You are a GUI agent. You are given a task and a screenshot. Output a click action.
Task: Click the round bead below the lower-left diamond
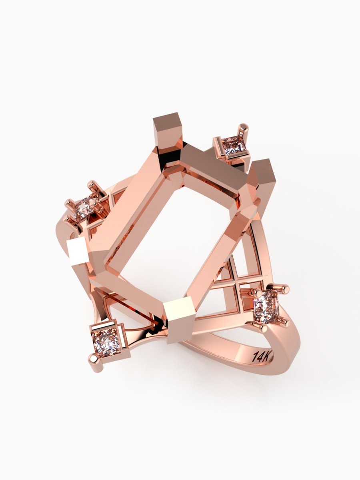pyautogui.click(x=94, y=359)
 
